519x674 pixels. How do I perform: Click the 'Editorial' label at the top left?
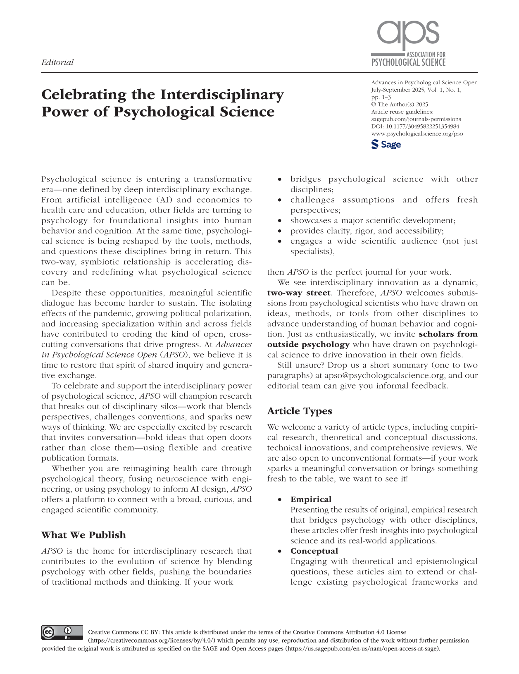coord(57,62)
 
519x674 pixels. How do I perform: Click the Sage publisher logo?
coord(386,145)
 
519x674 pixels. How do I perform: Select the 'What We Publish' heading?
coord(83,535)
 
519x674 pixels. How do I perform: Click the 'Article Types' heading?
coord(300,411)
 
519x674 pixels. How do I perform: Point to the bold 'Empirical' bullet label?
coord(311,499)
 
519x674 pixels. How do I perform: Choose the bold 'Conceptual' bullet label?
coord(314,551)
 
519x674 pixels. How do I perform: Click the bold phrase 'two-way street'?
coord(299,293)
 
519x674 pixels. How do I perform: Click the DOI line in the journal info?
coord(415,126)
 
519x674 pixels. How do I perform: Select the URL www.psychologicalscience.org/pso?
coord(417,134)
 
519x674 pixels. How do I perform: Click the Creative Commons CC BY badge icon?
coord(62,633)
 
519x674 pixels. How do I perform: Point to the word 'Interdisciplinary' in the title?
coord(222,95)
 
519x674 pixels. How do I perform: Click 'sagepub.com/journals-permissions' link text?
coord(416,119)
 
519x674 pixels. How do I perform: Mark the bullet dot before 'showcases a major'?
coord(281,221)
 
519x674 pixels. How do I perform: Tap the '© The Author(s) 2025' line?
coord(400,105)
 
